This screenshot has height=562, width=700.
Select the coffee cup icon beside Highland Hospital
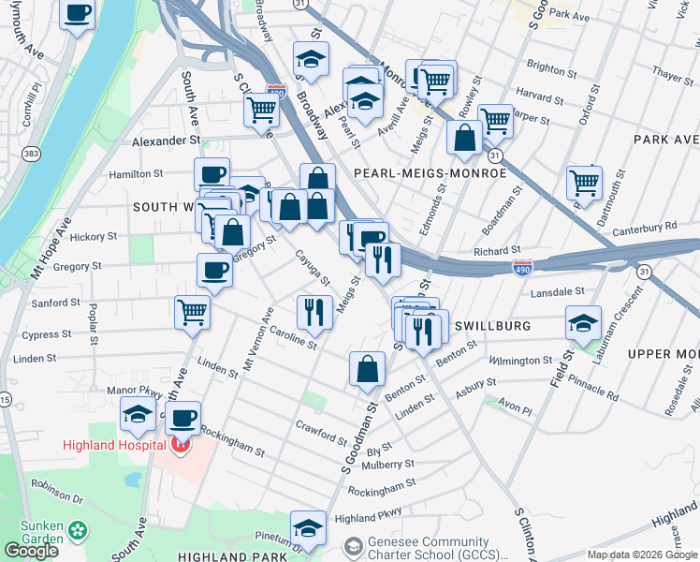click(183, 417)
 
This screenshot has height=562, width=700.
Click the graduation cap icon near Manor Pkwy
click(138, 413)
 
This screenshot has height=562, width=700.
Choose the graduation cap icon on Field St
click(583, 323)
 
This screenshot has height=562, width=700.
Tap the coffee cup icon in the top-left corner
click(79, 14)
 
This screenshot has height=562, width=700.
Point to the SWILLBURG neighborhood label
click(492, 326)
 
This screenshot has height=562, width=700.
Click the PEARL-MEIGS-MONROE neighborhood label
click(430, 173)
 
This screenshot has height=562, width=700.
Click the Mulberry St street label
click(387, 464)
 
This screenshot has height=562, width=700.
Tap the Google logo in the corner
click(30, 551)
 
